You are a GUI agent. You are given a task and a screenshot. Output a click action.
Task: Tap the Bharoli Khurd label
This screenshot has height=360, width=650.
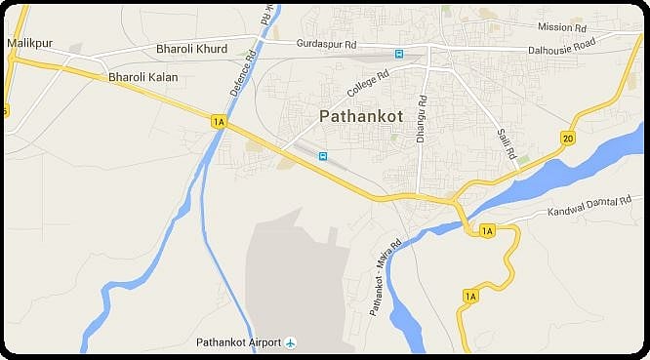coord(191,49)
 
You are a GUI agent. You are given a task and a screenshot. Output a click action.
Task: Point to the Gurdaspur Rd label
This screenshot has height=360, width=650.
coord(327,45)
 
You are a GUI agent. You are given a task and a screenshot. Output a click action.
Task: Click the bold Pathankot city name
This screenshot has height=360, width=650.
coord(360,116)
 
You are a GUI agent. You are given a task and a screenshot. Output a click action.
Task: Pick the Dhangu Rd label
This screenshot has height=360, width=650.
coord(422,119)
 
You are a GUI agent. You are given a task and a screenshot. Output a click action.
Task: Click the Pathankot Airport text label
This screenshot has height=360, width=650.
coord(238,342)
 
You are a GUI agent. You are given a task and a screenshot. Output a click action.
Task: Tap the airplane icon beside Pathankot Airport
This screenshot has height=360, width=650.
coord(290,342)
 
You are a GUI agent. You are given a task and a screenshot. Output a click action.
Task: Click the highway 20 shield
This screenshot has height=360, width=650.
coord(568,140)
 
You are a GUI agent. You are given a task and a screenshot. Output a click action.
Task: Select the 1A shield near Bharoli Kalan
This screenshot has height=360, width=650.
coord(218,120)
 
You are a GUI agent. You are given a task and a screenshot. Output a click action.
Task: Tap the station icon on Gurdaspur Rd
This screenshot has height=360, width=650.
coord(398,53)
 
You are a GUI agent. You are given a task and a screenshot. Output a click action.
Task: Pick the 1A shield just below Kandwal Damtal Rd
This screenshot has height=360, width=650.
coord(487,230)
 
